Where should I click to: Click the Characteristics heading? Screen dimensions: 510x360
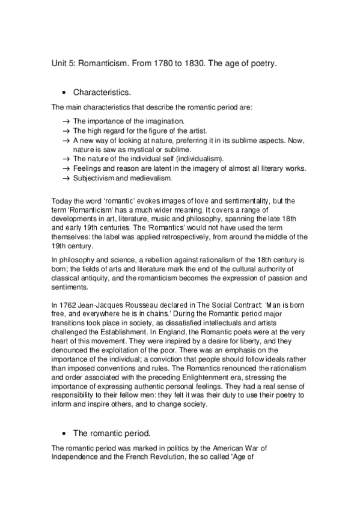(102, 93)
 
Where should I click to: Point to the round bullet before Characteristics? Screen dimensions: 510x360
(64, 93)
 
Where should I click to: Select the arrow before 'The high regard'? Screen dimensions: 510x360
(66, 131)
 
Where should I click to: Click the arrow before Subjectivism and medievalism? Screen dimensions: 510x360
(66, 178)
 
